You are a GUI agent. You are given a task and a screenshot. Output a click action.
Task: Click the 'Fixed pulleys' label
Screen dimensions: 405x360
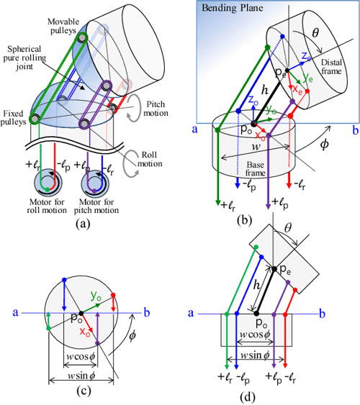coord(15,116)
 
